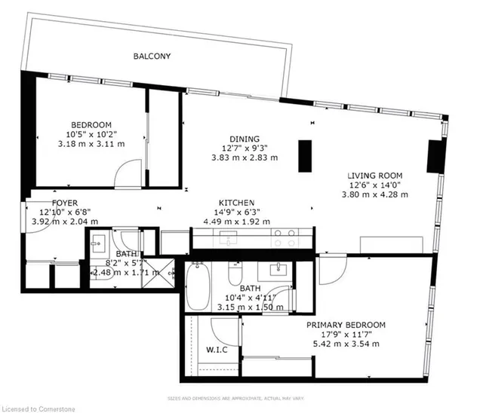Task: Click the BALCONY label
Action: [152, 57]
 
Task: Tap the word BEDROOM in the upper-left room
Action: [91, 125]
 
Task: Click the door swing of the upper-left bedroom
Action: [125, 173]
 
